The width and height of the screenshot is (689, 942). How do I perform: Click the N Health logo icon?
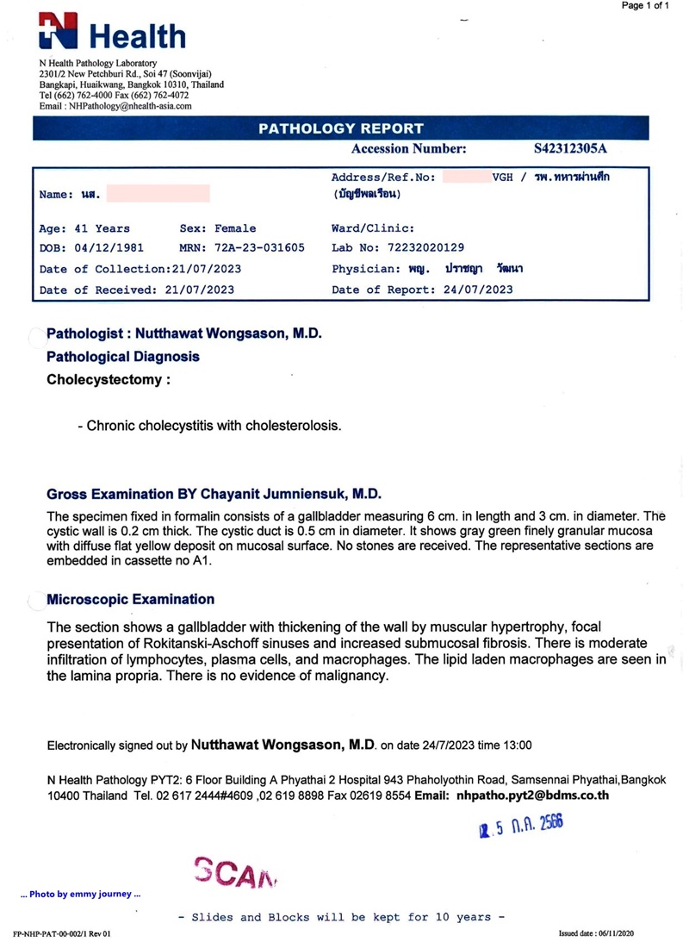pos(58,32)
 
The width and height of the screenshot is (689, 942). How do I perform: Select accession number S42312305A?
pos(576,148)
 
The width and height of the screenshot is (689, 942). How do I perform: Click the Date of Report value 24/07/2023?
pos(474,290)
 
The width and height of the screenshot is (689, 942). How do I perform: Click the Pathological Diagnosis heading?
pos(122,356)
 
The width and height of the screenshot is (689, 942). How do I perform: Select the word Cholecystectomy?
pos(104,379)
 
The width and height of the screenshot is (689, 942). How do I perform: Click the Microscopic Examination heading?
pos(130,599)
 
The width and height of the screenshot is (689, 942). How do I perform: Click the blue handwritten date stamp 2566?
pos(522,829)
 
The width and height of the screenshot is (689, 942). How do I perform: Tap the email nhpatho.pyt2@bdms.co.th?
pos(533,795)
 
